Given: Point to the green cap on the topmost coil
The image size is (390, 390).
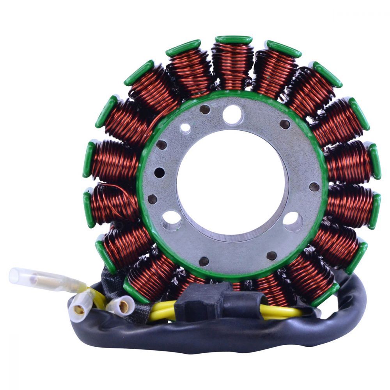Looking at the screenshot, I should click(x=234, y=39).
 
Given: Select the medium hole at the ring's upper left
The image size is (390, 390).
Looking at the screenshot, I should click(x=186, y=128).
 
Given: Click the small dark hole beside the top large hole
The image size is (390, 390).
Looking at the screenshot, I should click(x=204, y=110).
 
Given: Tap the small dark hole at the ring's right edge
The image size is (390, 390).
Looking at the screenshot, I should click(x=314, y=186).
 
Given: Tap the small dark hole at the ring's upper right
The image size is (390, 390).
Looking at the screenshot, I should click(x=285, y=124).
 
